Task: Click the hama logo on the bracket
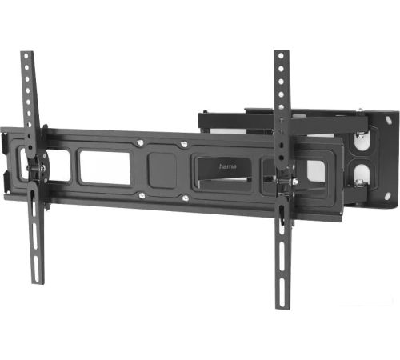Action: pyautogui.click(x=227, y=166)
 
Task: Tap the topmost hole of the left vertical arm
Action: pyautogui.click(x=26, y=57)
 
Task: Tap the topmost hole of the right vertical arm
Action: pyautogui.click(x=281, y=56)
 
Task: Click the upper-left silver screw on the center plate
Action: pyautogui.click(x=139, y=143)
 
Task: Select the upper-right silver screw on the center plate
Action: pyautogui.click(x=184, y=145)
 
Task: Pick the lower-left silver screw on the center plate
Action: pyautogui.click(x=142, y=196)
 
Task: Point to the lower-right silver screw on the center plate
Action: pyautogui.click(x=186, y=198)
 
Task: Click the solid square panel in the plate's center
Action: pyautogui.click(x=162, y=170)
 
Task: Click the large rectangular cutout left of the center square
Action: pyautogui.click(x=105, y=167)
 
